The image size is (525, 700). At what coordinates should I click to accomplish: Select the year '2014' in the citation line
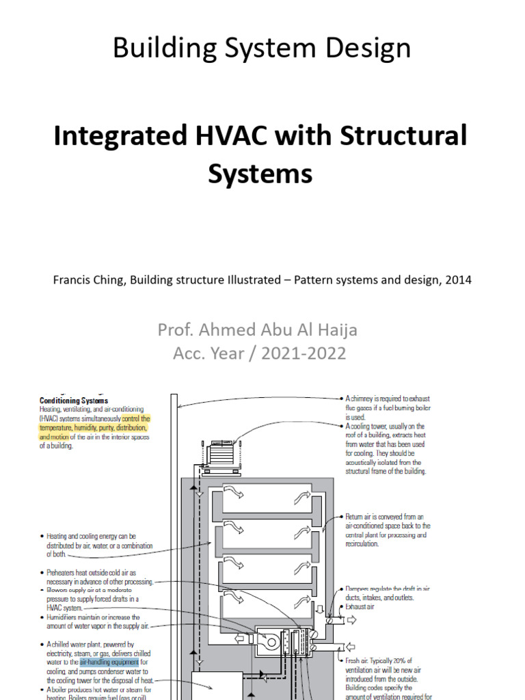pos(457,280)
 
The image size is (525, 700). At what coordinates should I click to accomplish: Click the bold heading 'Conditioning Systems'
pos(74,401)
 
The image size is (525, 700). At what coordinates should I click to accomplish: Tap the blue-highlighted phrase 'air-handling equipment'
pos(109,662)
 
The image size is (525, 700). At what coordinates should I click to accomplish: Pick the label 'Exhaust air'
pos(361,606)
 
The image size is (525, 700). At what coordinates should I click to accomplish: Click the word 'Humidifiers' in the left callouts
pos(66,617)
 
